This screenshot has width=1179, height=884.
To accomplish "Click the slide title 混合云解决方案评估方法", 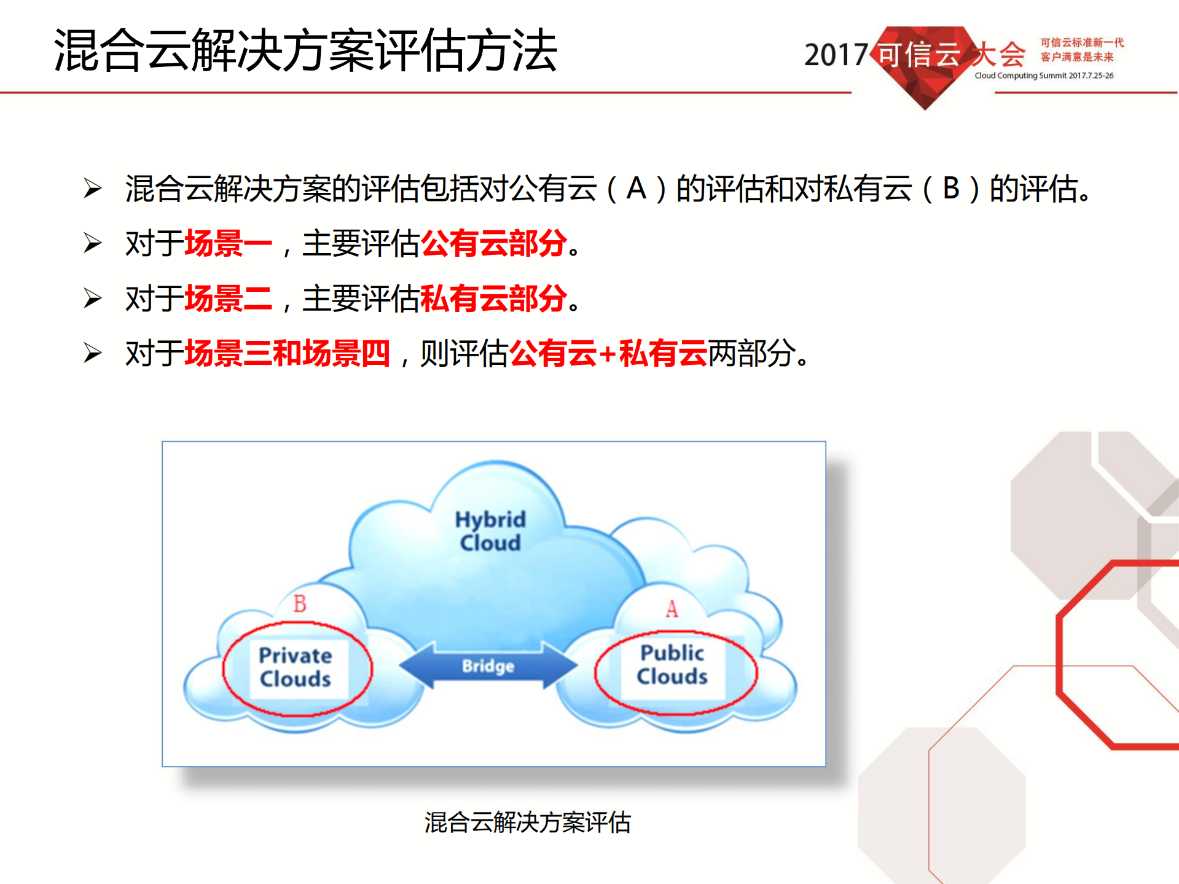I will [305, 51].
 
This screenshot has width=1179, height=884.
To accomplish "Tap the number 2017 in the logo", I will [836, 55].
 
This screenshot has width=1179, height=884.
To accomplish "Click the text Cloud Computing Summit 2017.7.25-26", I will [1044, 76].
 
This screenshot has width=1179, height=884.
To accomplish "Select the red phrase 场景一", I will [229, 243].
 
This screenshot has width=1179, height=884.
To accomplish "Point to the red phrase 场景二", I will [229, 299].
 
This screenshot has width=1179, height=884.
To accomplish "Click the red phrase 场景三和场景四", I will [288, 354].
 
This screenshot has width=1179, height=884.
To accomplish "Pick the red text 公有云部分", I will [494, 243].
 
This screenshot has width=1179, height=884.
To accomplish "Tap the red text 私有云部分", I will [494, 299].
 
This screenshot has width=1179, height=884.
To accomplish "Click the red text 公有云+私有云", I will [608, 354].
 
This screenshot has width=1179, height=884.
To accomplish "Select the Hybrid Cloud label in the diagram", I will [490, 531].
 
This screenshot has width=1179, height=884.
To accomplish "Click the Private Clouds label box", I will [296, 667].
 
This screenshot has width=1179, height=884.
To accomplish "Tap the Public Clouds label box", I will [673, 665].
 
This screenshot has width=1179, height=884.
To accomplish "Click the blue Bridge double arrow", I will [488, 666].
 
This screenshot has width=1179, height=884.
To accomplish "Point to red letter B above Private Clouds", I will [300, 604].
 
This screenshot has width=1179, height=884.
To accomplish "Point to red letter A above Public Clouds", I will [672, 609].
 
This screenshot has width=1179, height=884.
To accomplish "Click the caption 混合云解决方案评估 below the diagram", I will [527, 823].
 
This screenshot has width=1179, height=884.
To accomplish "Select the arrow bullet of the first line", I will [93, 188].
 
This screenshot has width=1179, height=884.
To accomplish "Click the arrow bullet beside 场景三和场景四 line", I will [93, 353].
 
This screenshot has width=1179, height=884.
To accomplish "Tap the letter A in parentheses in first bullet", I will [636, 188].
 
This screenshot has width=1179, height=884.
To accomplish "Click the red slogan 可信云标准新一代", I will [1081, 42].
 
